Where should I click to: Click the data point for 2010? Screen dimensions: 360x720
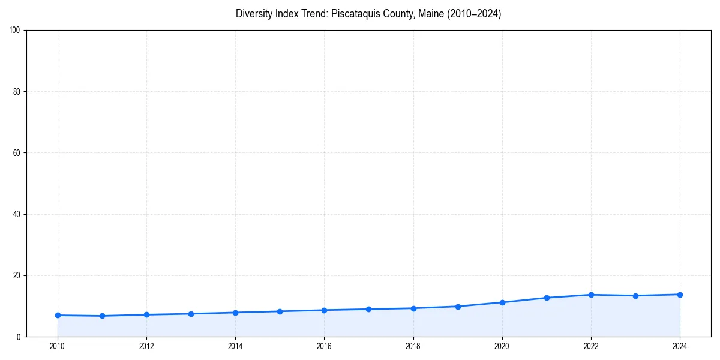point(58,315)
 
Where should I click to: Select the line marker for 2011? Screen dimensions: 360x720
point(102,316)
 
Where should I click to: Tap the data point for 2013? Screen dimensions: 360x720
point(191,314)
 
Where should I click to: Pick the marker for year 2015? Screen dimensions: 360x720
point(280,311)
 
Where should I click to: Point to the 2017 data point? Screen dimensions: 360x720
point(368,309)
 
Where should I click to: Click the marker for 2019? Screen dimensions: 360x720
point(458,307)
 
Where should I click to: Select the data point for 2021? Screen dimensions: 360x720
point(547,298)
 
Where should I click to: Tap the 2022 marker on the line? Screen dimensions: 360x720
point(591,295)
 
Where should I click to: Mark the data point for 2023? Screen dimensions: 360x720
point(635,296)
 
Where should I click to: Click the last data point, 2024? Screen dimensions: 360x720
point(680,295)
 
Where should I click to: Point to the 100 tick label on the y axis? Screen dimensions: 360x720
point(15,30)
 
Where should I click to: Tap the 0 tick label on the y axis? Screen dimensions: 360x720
point(19,337)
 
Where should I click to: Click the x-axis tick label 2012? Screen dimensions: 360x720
point(146,346)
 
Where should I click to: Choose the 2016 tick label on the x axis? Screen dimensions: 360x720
point(324,346)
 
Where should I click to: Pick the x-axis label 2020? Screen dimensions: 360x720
point(502,346)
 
